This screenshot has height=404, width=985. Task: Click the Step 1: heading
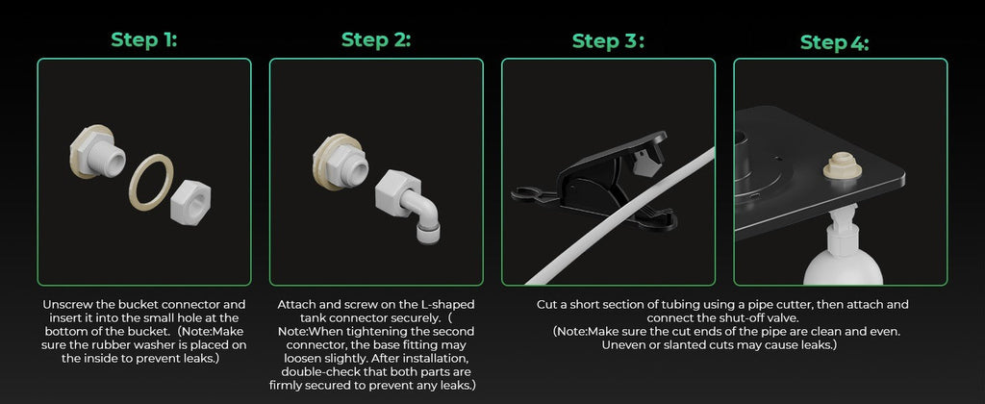(144, 40)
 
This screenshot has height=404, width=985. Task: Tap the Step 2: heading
(376, 40)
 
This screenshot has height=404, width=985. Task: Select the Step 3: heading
(608, 41)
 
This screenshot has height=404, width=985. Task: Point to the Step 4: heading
(834, 42)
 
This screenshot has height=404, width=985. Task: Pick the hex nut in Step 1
(191, 200)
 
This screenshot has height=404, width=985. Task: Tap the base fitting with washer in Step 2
(341, 162)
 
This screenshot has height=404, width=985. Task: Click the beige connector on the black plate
(841, 167)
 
